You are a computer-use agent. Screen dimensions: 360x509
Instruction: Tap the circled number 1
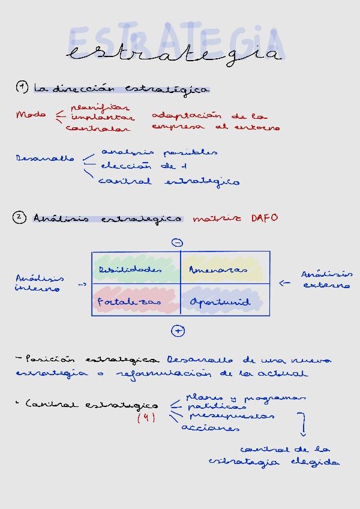pyautogui.click(x=22, y=88)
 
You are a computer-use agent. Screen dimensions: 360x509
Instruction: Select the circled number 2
pyautogui.click(x=20, y=218)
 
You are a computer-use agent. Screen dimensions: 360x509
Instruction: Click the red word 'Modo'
pyautogui.click(x=31, y=115)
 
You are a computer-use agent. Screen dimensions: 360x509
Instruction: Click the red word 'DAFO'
pyautogui.click(x=264, y=218)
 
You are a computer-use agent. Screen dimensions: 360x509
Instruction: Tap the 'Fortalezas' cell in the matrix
pyautogui.click(x=130, y=302)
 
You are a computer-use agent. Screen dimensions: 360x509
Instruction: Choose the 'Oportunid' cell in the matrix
pyautogui.click(x=220, y=302)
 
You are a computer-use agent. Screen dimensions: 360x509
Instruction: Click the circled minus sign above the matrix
pyautogui.click(x=177, y=242)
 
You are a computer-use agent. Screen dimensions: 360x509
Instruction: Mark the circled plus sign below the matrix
pyautogui.click(x=178, y=331)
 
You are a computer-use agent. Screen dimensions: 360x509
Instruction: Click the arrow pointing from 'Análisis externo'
pyautogui.click(x=285, y=283)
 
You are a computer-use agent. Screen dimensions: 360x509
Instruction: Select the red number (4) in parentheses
pyautogui.click(x=146, y=418)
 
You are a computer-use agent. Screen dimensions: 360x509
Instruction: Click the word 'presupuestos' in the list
pyautogui.click(x=232, y=415)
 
